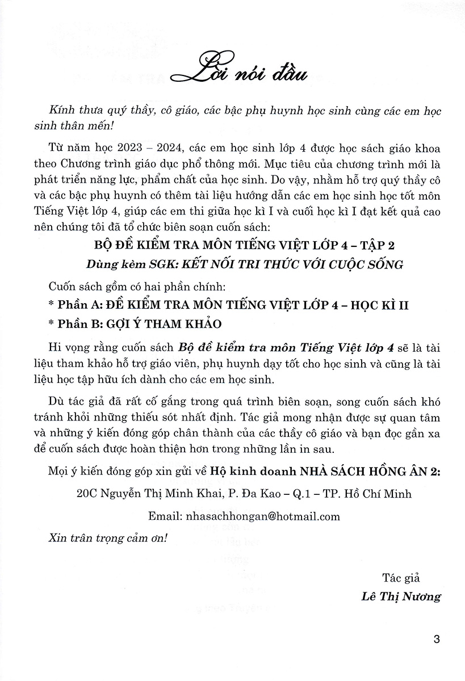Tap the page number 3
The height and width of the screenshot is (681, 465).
coord(437,640)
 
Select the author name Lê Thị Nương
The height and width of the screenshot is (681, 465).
coord(397,596)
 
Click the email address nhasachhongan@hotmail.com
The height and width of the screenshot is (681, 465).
coord(267,516)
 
